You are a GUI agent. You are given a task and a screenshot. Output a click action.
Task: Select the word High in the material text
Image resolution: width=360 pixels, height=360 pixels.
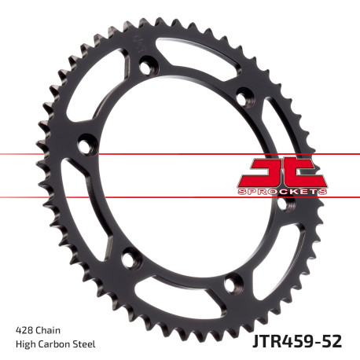[25, 343]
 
